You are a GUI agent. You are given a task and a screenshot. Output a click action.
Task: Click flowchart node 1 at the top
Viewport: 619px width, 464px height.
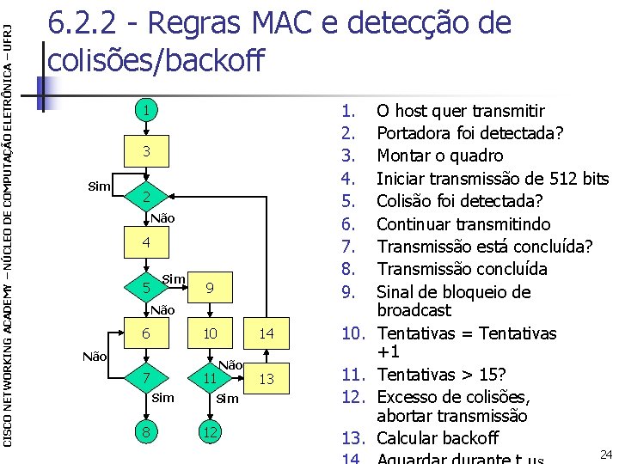pyautogui.click(x=147, y=111)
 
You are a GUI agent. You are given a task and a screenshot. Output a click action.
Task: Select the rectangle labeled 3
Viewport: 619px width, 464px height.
pyautogui.click(x=147, y=151)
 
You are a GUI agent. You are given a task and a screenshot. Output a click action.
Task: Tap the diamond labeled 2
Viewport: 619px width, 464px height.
pyautogui.click(x=147, y=197)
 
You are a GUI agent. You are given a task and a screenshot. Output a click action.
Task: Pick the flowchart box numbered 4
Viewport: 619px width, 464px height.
pyautogui.click(x=147, y=243)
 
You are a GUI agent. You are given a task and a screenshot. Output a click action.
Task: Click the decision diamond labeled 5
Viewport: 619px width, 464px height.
pyautogui.click(x=147, y=288)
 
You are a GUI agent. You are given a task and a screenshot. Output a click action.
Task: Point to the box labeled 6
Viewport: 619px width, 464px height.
pyautogui.click(x=147, y=333)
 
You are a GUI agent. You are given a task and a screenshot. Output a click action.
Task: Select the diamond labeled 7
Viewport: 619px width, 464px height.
pyautogui.click(x=147, y=378)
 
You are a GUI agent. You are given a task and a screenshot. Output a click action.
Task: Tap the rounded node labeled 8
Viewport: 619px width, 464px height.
pyautogui.click(x=147, y=432)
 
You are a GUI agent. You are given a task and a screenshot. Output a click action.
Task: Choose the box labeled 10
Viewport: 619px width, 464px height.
pyautogui.click(x=209, y=333)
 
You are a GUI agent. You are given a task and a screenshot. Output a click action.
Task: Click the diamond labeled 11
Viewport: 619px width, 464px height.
pyautogui.click(x=209, y=378)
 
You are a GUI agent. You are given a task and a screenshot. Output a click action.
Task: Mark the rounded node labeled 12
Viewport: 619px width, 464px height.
pyautogui.click(x=209, y=432)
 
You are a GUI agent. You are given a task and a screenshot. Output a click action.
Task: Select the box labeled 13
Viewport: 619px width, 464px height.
pyautogui.click(x=267, y=378)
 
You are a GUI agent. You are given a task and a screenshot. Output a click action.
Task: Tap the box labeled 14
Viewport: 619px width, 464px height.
pyautogui.click(x=267, y=333)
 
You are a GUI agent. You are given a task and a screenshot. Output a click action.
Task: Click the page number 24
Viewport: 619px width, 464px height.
pyautogui.click(x=604, y=454)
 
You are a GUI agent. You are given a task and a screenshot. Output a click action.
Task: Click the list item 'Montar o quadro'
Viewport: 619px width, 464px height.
pyautogui.click(x=440, y=156)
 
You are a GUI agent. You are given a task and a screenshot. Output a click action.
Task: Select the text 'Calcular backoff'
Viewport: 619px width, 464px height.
pyautogui.click(x=438, y=437)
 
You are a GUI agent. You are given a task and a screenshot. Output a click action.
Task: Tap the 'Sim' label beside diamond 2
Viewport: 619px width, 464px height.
pyautogui.click(x=100, y=186)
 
